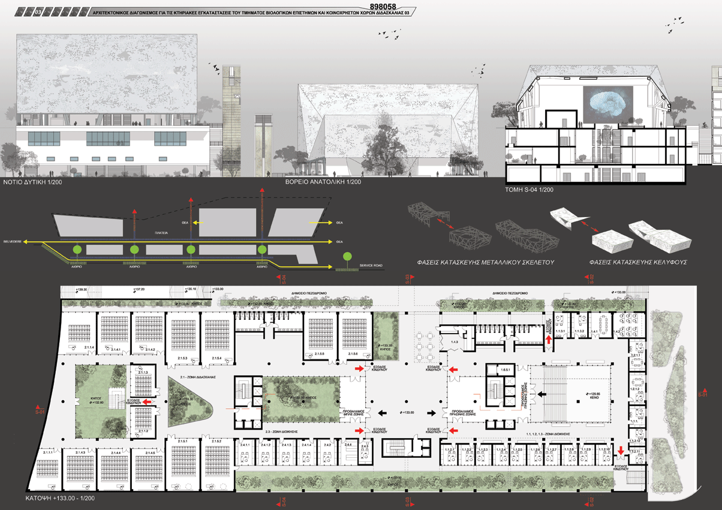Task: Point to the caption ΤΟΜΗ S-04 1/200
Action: (x=530, y=190)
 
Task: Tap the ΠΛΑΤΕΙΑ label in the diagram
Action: (x=160, y=232)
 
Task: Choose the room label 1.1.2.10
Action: (x=603, y=450)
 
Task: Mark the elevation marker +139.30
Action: (x=81, y=290)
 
